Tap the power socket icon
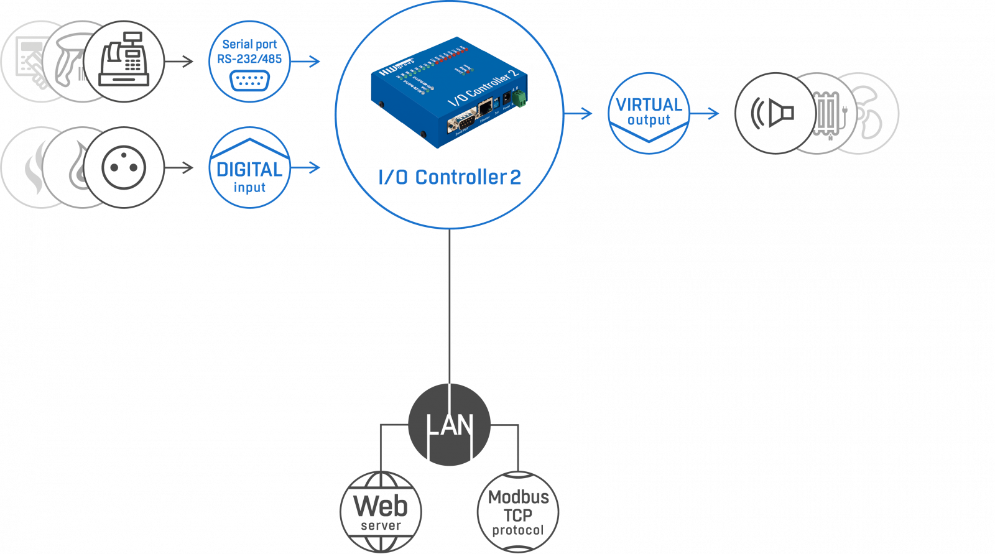pos(124,167)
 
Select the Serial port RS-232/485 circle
pos(249,61)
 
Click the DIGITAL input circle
pos(249,168)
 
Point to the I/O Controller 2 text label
pos(449,178)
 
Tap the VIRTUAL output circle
pos(649,113)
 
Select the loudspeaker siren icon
pos(774,113)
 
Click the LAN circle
pos(449,425)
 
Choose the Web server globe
pos(381,512)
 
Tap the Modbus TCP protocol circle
pos(518,512)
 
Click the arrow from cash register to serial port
pos(180,61)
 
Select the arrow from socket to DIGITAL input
pos(180,167)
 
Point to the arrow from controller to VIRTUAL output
pos(579,113)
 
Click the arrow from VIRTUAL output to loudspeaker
pos(705,113)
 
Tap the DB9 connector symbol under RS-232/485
pos(249,81)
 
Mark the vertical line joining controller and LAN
pos(449,305)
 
